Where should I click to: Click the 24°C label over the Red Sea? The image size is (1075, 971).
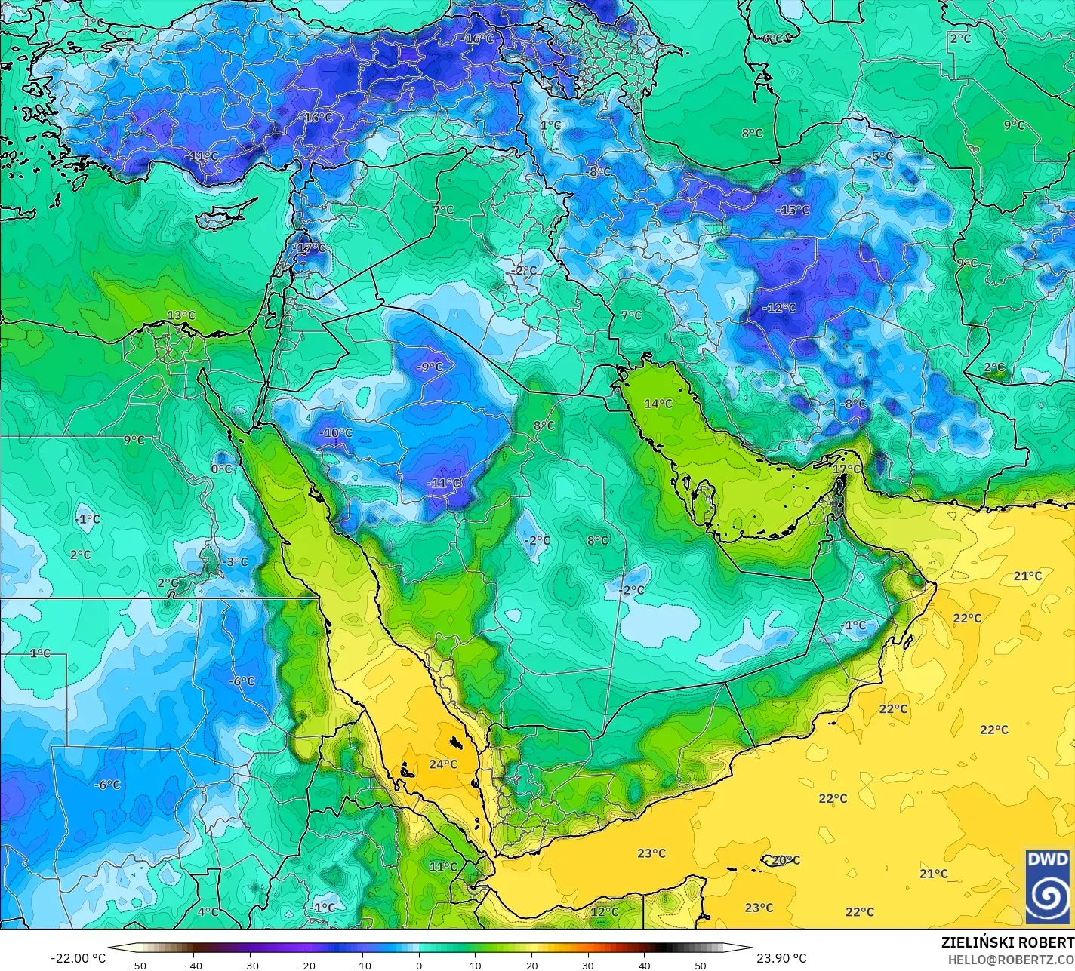[x=443, y=764]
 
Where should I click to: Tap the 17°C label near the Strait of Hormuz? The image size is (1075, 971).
[x=846, y=469]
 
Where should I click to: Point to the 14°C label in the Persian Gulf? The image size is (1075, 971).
[x=658, y=404]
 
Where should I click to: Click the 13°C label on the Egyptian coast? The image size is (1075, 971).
[x=181, y=315]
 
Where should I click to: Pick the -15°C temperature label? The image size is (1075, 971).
[x=793, y=210]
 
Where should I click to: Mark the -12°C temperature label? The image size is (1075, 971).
[x=779, y=308]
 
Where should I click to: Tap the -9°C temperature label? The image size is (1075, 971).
[x=430, y=367]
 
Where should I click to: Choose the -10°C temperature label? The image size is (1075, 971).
[x=336, y=433]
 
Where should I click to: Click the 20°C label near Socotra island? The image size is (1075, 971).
[x=785, y=860]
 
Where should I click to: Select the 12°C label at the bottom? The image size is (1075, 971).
[x=604, y=911]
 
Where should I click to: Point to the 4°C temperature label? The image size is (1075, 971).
[x=208, y=911]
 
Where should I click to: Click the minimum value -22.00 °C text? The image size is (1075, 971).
[x=78, y=958]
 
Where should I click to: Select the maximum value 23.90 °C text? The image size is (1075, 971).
[x=781, y=958]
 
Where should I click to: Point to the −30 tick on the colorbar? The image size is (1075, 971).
[x=250, y=966]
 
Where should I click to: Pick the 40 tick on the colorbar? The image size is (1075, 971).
[x=645, y=966]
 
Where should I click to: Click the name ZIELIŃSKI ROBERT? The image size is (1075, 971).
[x=1007, y=942]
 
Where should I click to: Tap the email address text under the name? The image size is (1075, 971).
[x=1012, y=959]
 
